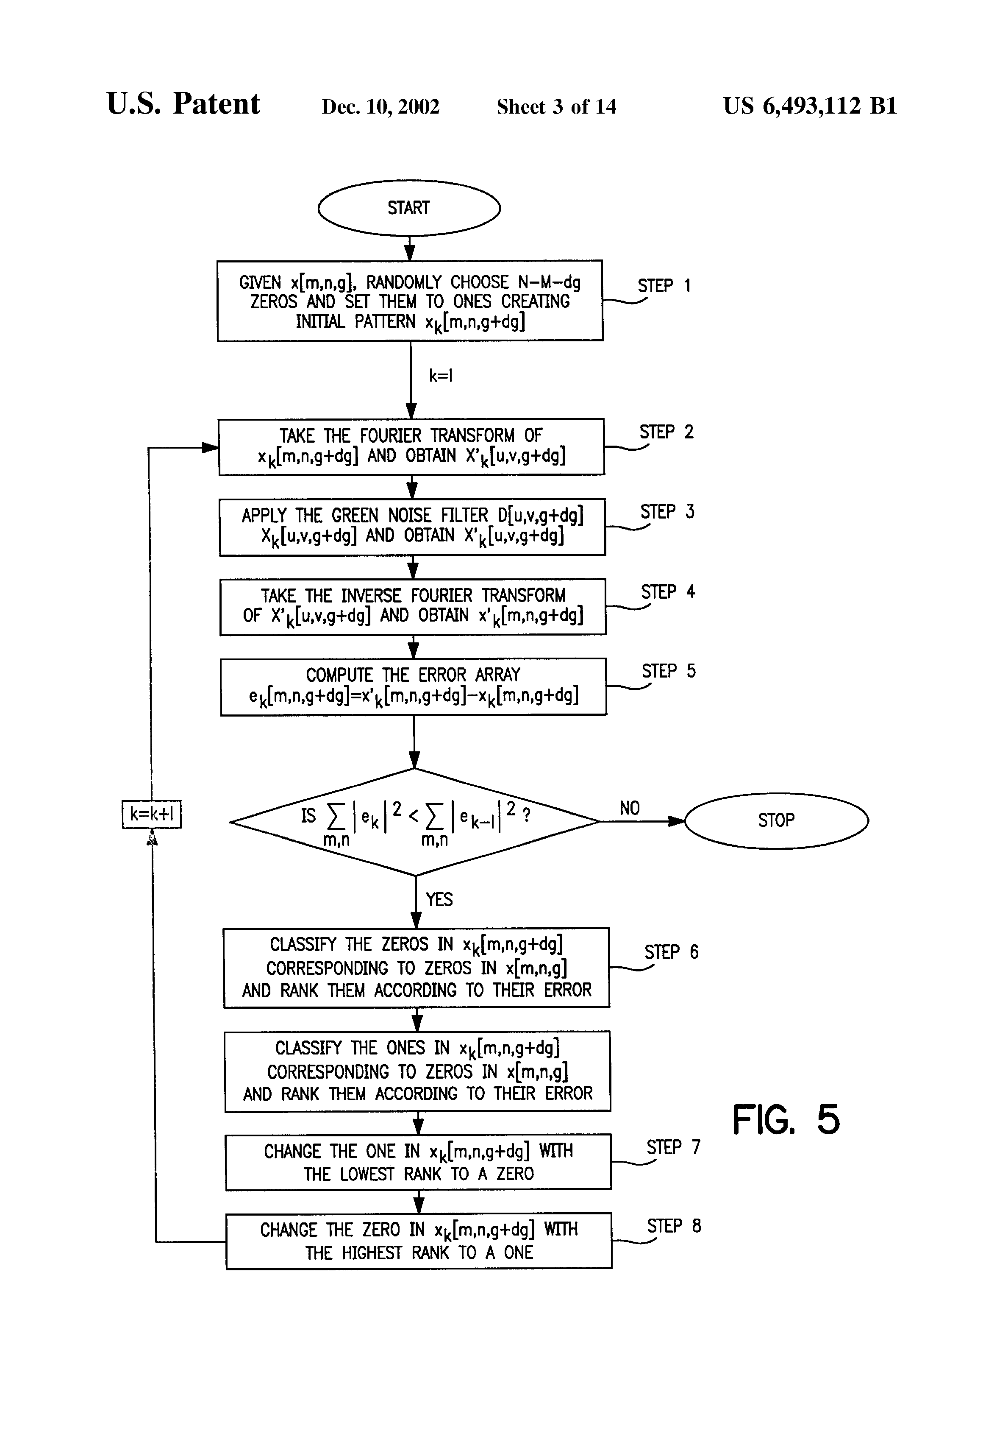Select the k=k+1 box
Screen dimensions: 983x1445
tap(152, 815)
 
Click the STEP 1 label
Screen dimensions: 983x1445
tap(664, 285)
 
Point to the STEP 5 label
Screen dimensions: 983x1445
tap(669, 671)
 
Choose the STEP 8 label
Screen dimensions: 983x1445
tap(674, 1226)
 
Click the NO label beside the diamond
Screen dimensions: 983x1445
tap(630, 808)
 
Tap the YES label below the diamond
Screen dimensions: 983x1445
tap(439, 899)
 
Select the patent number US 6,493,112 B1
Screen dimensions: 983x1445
tap(810, 106)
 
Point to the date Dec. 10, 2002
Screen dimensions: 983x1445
tap(380, 107)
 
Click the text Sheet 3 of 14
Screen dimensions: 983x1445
tap(556, 107)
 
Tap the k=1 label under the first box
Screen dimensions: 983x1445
tap(441, 376)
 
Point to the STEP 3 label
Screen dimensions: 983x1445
tap(667, 512)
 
